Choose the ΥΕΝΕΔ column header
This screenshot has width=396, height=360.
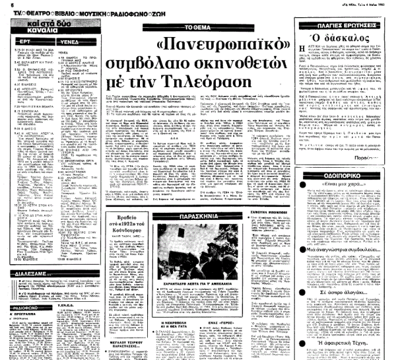click(x=71, y=40)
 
